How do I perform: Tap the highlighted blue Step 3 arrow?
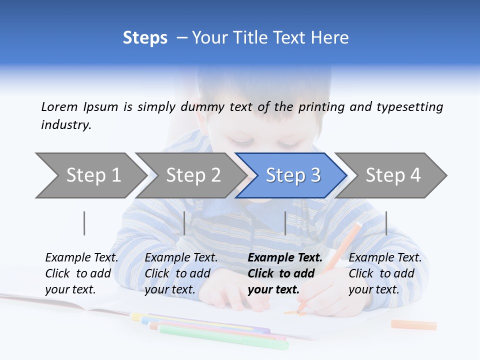click(292, 175)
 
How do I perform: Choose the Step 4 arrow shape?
click(392, 175)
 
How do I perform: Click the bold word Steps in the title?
click(145, 38)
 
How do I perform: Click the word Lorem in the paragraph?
click(59, 106)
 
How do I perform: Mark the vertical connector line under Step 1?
click(84, 223)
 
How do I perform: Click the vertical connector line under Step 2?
click(184, 223)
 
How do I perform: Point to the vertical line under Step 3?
click(285, 223)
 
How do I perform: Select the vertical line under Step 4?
click(386, 223)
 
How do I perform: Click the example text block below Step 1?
click(81, 273)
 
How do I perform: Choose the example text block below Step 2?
click(181, 273)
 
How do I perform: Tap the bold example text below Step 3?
click(284, 273)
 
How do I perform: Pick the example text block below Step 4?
click(385, 273)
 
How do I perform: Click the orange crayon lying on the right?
click(413, 325)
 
